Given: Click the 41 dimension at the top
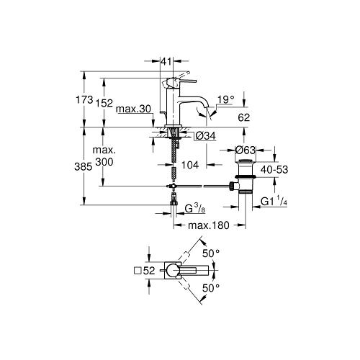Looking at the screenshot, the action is click(166, 61).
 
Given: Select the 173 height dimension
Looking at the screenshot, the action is click(84, 99).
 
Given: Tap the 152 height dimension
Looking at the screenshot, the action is click(104, 103).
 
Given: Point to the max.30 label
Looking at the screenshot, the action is click(133, 109).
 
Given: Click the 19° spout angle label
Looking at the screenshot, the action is click(225, 99).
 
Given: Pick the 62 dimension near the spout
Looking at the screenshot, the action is click(244, 117).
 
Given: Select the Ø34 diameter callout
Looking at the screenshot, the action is click(206, 136).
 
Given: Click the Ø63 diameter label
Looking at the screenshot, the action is click(246, 150).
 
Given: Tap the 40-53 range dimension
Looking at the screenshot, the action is click(274, 170).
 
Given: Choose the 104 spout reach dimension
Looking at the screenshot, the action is click(190, 165).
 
